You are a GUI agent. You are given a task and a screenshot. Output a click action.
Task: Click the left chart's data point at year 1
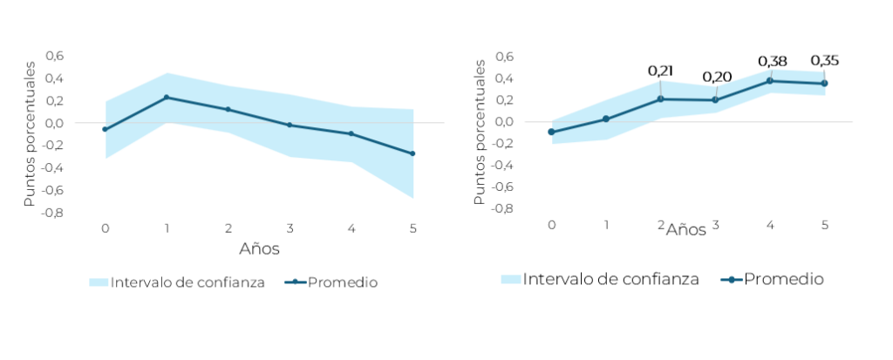pos(166,97)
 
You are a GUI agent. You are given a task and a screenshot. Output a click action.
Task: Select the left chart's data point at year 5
pos(412,153)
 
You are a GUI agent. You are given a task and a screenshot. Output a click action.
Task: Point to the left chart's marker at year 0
pos(105,129)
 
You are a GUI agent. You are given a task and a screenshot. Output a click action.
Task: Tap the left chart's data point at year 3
pos(289,125)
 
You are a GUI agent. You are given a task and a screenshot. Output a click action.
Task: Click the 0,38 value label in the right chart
pos(772,61)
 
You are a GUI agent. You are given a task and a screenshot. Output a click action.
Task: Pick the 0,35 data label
pos(824,60)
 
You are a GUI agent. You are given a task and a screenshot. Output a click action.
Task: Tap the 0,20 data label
pos(716,77)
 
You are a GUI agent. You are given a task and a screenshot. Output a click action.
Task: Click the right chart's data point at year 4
pos(770,80)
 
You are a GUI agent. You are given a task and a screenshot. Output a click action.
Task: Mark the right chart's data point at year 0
pos(551,132)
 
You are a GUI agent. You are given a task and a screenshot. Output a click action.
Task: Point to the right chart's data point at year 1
pos(605,119)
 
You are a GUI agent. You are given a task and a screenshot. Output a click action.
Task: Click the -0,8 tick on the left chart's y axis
pos(53,212)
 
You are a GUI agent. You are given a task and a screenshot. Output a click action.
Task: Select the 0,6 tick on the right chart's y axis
pos(504,57)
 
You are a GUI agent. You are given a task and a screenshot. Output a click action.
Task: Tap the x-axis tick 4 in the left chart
pos(351,228)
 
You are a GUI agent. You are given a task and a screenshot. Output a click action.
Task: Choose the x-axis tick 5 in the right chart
pos(824,225)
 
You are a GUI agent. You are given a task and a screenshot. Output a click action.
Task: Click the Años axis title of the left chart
pos(259,249)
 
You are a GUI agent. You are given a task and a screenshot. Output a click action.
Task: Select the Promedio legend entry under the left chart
pos(334,282)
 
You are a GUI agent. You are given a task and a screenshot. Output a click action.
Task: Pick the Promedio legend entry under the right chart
pos(773,279)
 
